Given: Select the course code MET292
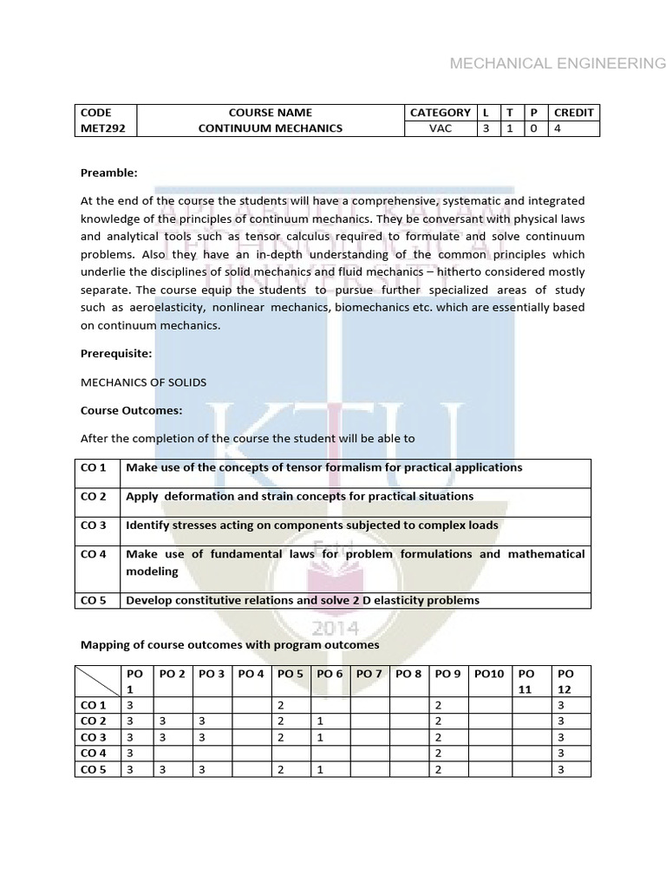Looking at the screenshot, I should point(96,128).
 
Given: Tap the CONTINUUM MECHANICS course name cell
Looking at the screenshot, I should point(271,128).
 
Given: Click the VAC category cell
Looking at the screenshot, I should point(441,128).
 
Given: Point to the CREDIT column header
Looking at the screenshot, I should point(573,112).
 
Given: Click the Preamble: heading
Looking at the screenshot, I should point(108,173).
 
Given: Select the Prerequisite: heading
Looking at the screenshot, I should point(116,354).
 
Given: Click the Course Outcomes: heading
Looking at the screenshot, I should point(131,410).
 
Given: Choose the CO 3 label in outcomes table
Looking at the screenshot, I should point(93,526).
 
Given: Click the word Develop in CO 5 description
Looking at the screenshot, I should point(150,600).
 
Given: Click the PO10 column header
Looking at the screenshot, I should point(490,674).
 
